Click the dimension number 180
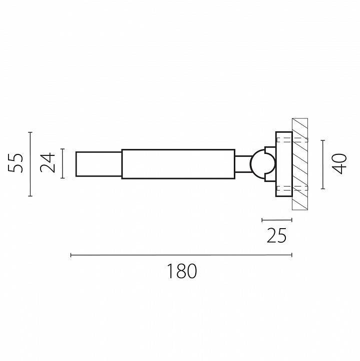(x=182, y=271)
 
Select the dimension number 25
(x=277, y=235)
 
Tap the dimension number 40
(x=339, y=163)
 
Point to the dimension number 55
(x=16, y=162)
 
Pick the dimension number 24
(x=48, y=162)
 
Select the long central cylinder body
(x=178, y=164)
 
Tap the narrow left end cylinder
(x=99, y=164)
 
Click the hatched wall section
(x=300, y=164)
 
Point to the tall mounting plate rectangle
(x=284, y=164)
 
